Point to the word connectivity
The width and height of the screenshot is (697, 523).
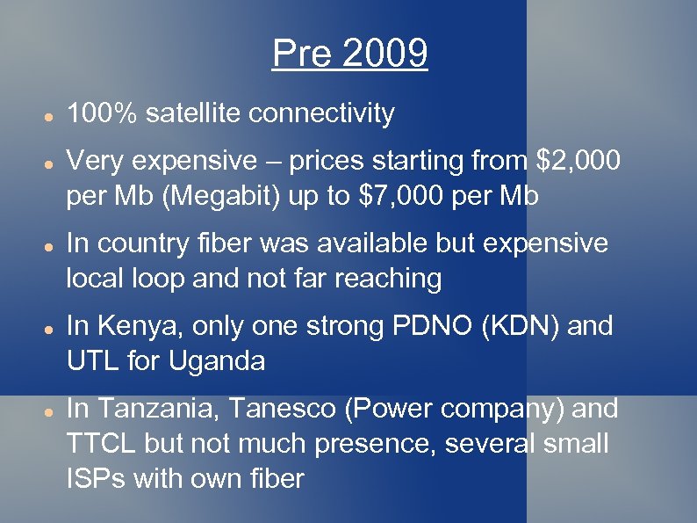coord(322,113)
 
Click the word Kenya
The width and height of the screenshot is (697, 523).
coord(126,326)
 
